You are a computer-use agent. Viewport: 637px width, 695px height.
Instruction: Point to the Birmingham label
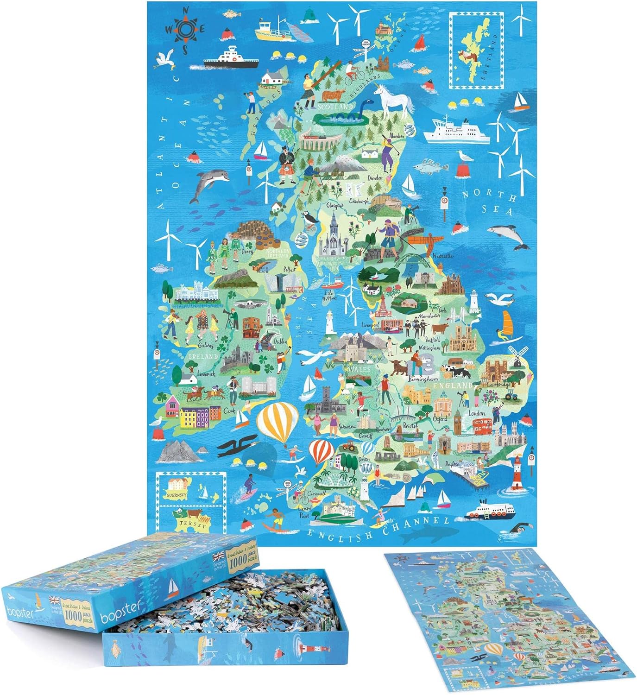423,379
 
